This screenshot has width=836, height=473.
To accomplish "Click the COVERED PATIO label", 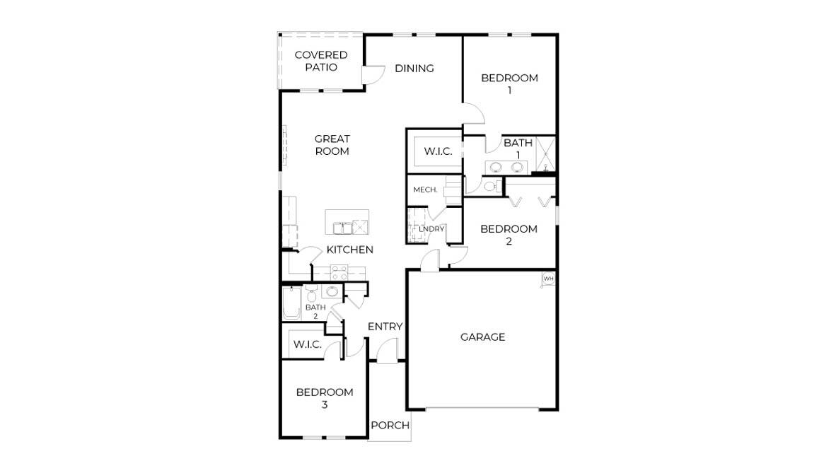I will (x=320, y=61).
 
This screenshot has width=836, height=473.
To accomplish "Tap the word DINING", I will (x=414, y=68).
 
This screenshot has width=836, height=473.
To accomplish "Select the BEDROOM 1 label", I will (x=509, y=83).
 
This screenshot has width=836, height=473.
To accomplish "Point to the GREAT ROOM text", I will (x=332, y=145).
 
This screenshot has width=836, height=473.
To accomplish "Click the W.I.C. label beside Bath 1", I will (x=438, y=151).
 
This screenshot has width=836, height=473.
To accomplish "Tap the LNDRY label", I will (x=431, y=228).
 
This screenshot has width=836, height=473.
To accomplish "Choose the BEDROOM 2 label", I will (x=509, y=235).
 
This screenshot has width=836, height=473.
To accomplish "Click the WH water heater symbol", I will (x=547, y=279).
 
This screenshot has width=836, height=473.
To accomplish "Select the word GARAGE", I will (x=482, y=337).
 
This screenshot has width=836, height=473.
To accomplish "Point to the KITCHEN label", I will (x=349, y=250).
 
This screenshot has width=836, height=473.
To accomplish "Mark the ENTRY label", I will (x=385, y=326).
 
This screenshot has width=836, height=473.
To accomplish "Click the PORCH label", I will (x=390, y=425).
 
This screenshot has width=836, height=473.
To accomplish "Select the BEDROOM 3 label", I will (x=324, y=398).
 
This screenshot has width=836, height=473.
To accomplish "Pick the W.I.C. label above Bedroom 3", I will (x=308, y=344).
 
